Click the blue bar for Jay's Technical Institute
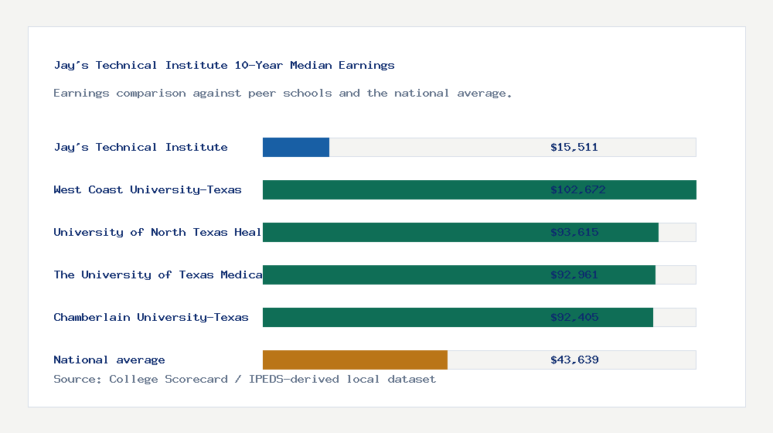click(x=296, y=147)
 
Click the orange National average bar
click(x=355, y=360)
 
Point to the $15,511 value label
click(x=574, y=147)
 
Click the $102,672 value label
click(x=577, y=189)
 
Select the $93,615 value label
click(x=574, y=232)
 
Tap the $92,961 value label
click(x=574, y=274)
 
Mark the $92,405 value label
click(x=574, y=317)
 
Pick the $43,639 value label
click(x=574, y=360)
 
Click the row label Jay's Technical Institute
click(x=141, y=147)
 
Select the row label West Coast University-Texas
click(x=148, y=189)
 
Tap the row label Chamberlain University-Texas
click(x=151, y=317)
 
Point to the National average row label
click(x=109, y=360)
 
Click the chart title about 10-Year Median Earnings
click(x=224, y=65)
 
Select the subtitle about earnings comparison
click(x=283, y=93)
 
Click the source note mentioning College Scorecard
click(x=244, y=379)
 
